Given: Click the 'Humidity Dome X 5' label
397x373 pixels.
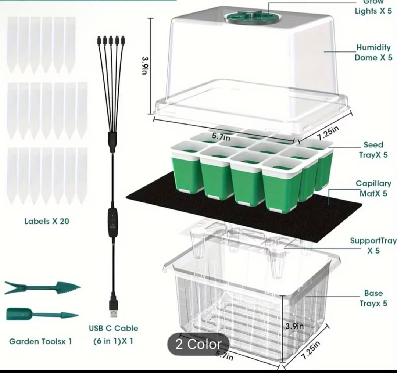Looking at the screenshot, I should click(373, 53).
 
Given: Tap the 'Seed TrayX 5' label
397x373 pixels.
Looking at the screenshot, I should click(373, 150).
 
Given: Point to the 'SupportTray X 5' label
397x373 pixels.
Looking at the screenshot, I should click(373, 246).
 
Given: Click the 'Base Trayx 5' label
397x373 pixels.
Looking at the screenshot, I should click(373, 298).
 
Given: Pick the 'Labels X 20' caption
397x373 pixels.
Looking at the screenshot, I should click(47, 221).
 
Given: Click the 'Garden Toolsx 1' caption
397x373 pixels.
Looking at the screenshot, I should click(40, 341).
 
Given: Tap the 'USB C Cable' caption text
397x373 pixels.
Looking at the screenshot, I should click(114, 328).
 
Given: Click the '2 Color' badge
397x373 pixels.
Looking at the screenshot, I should click(198, 344).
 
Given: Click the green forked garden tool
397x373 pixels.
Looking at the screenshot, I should click(42, 287).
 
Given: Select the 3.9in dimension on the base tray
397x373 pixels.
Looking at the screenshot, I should click(295, 326).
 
